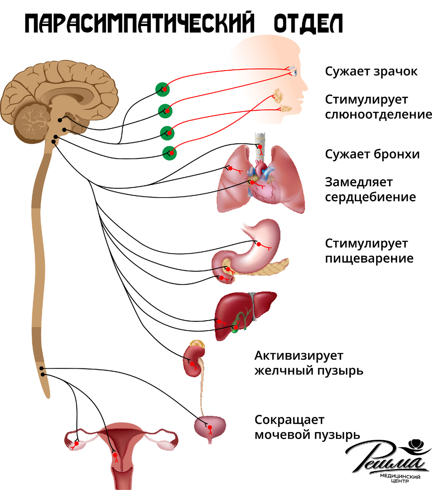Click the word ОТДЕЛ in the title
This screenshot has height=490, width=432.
308,23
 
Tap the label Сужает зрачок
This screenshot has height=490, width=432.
371,71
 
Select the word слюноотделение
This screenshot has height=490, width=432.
378,114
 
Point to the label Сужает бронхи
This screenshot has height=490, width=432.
372,154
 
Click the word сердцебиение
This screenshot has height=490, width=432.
371,197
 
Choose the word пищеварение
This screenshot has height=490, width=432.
369,259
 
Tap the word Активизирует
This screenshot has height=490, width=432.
299,356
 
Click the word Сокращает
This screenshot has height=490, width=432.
289,420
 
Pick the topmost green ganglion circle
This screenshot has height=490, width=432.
163,89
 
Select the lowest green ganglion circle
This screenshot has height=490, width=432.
170,153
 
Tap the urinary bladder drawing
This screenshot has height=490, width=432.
210,428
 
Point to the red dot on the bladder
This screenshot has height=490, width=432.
210,428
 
